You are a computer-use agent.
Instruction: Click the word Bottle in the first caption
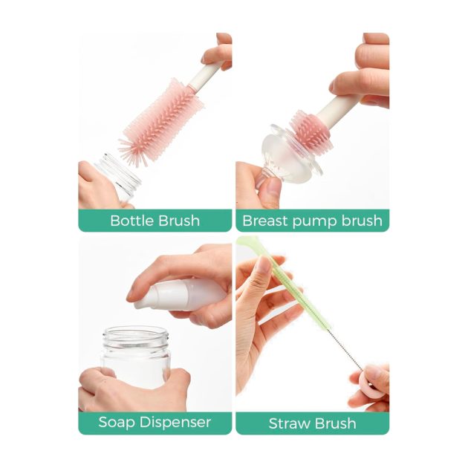click(x=132, y=221)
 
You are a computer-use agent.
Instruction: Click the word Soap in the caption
click(x=117, y=423)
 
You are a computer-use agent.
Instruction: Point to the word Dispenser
click(x=175, y=422)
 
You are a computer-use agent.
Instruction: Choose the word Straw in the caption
click(x=289, y=423)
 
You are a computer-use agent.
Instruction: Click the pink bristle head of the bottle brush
click(x=161, y=123)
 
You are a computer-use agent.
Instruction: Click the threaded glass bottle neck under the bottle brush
click(x=121, y=172)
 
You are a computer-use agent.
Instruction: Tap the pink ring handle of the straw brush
click(x=371, y=383)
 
